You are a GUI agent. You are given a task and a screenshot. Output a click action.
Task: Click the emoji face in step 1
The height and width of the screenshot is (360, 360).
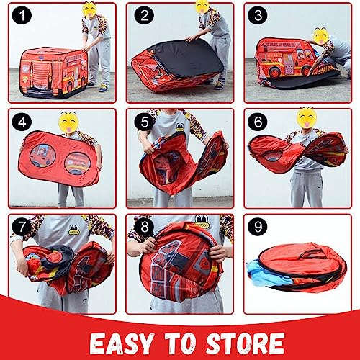pos(89,9)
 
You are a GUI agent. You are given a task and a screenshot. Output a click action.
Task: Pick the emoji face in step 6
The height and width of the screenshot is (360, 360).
pos(306,114)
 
